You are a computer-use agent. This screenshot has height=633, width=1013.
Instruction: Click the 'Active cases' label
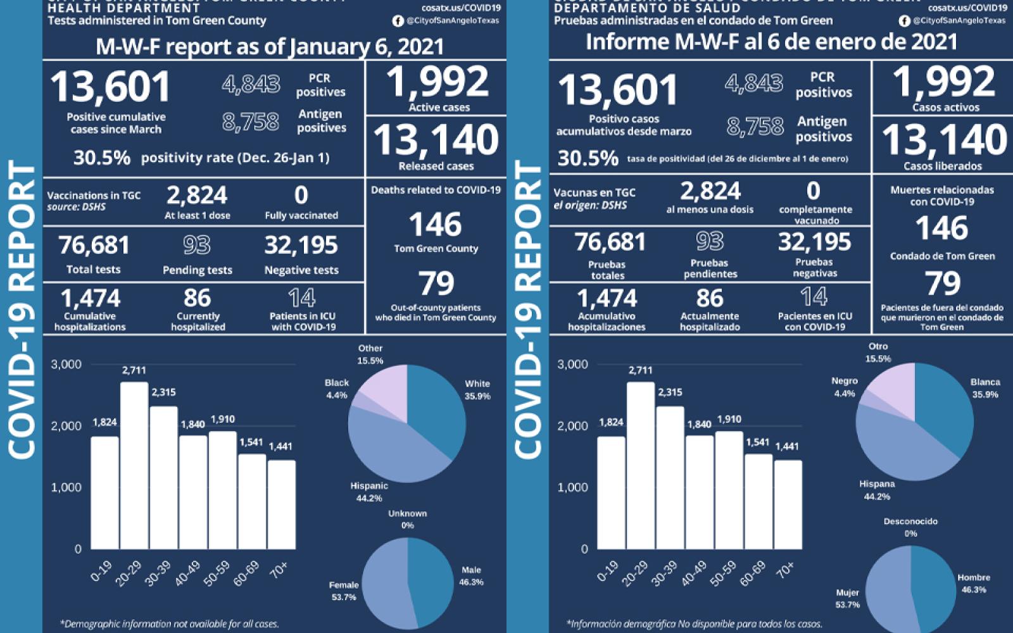(x=439, y=108)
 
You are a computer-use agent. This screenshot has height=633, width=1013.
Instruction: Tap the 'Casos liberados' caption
(x=943, y=166)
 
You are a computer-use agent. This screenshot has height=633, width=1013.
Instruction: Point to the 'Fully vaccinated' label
(x=301, y=215)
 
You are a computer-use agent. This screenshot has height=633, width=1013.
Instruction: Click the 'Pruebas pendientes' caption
(x=710, y=268)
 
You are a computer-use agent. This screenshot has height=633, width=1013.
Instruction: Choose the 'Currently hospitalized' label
(x=198, y=322)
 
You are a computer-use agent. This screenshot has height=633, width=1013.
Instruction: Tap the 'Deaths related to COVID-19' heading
(x=436, y=190)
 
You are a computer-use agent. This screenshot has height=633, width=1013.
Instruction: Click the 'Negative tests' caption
(x=301, y=270)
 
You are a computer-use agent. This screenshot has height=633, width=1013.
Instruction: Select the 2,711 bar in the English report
(x=134, y=465)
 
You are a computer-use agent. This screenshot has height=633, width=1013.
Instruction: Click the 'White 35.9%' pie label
(x=477, y=390)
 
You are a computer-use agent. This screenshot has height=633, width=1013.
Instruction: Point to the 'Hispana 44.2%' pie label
(x=877, y=490)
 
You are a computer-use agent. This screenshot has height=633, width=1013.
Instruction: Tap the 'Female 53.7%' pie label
(x=344, y=591)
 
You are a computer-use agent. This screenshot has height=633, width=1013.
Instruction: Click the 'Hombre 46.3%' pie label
(x=974, y=584)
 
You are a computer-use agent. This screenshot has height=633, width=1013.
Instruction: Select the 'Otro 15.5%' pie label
(x=878, y=353)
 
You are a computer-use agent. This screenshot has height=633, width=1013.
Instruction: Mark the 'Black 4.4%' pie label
(x=337, y=389)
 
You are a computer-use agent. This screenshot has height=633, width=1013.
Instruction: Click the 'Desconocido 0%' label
(x=910, y=527)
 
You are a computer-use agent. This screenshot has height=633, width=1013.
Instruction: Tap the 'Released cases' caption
(x=436, y=166)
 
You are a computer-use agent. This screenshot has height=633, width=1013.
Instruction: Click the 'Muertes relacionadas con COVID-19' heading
(x=942, y=196)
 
